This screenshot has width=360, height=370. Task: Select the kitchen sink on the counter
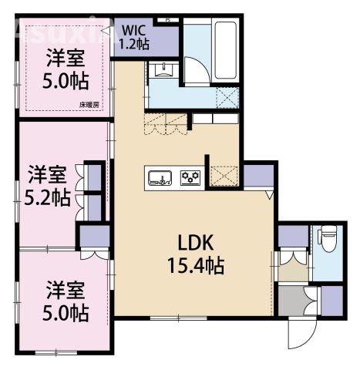click(x=160, y=178)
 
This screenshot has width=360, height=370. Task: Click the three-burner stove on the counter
click(x=190, y=178)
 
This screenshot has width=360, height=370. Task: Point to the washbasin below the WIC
click(x=164, y=70)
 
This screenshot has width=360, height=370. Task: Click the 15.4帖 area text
click(x=197, y=267)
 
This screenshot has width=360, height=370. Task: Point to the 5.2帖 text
click(x=46, y=197)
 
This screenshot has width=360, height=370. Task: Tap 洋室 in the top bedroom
click(x=64, y=58)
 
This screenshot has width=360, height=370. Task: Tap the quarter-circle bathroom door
click(x=198, y=71)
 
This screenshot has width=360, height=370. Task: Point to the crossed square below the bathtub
click(x=228, y=96)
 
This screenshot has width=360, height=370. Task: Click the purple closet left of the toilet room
click(x=292, y=234)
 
